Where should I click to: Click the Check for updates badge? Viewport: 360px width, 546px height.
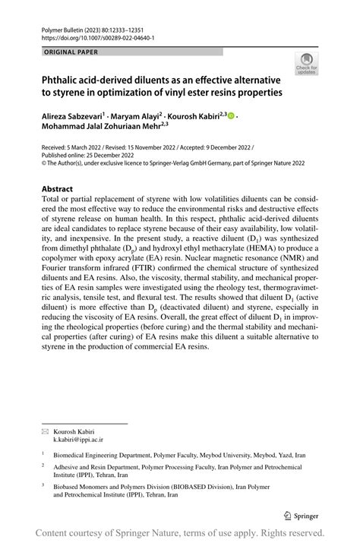[x=306, y=63]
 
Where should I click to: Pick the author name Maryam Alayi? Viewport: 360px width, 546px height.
[x=140, y=116]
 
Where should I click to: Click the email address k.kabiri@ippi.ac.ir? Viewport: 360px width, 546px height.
[x=77, y=439]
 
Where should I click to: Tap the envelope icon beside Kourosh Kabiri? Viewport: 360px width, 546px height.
[x=46, y=431]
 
